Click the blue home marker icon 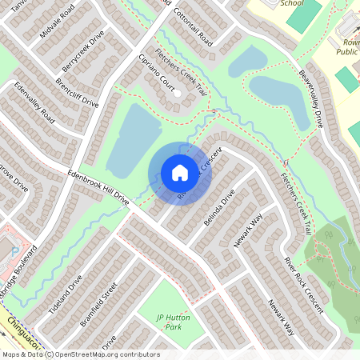(179, 173)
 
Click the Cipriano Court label (155, 73)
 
